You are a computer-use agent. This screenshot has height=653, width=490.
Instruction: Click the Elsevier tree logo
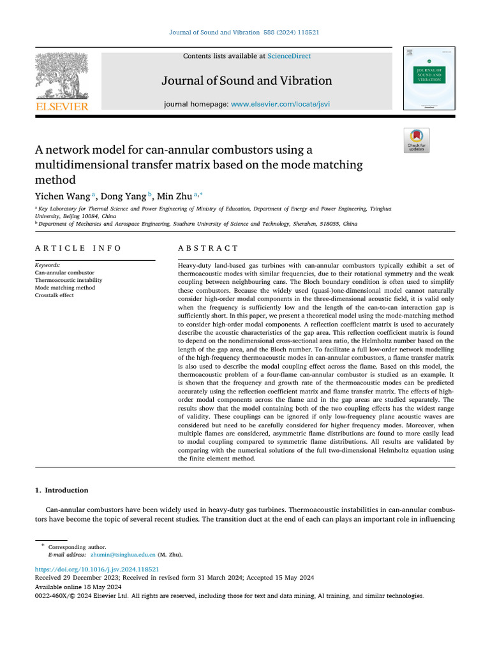pyautogui.click(x=62, y=76)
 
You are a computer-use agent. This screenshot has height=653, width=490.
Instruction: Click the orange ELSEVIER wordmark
pyautogui.click(x=62, y=106)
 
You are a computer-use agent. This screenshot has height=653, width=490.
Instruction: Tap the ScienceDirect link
pyautogui.click(x=289, y=56)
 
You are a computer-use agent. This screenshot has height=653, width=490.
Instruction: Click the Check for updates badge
pyautogui.click(x=417, y=141)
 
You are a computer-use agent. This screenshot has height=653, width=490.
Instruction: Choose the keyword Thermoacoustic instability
pyautogui.click(x=68, y=280)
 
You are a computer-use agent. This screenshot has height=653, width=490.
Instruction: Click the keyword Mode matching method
pyautogui.click(x=64, y=288)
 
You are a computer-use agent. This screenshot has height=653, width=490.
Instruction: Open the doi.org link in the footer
pyautogui.click(x=97, y=569)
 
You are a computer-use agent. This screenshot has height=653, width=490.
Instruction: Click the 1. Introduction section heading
pyautogui.click(x=61, y=490)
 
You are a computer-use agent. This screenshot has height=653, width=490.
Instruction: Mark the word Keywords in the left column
pyautogui.click(x=48, y=265)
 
